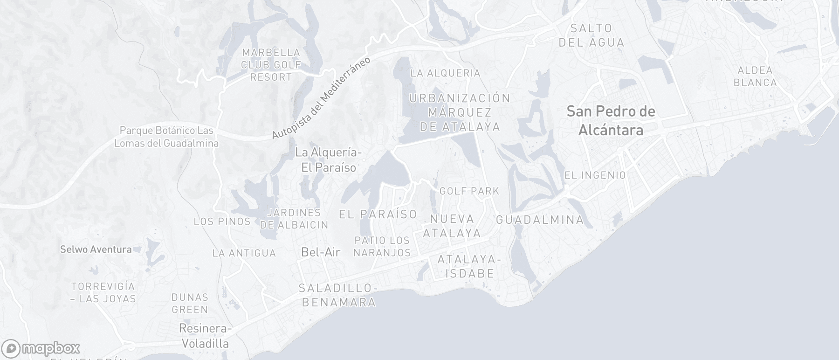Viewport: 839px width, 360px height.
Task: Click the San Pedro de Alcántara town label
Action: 611,120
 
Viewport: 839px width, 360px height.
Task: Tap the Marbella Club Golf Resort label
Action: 271,65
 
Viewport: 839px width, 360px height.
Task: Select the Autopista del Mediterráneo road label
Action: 321,98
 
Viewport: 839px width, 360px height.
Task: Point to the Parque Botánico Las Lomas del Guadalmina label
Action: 166,137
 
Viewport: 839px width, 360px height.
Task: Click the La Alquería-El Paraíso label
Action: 329,160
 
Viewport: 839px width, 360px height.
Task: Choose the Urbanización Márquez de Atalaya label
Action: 460,112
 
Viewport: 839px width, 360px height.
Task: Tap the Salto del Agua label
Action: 591,35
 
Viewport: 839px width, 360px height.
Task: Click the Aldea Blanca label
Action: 755,76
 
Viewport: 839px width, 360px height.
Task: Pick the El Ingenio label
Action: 595,175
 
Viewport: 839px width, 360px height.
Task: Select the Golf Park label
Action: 469,191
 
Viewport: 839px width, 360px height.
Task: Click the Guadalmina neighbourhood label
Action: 540,220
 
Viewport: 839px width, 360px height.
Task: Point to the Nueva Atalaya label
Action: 452,226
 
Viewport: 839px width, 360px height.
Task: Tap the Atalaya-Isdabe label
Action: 469,266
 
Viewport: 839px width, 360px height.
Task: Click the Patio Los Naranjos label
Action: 382,246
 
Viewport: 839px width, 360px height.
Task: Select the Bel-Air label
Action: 321,252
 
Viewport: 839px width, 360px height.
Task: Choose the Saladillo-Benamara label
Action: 338,295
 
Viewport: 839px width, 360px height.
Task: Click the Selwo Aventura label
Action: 96,249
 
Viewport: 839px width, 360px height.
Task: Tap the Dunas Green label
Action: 190,303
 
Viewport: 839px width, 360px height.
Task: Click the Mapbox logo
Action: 41,348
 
